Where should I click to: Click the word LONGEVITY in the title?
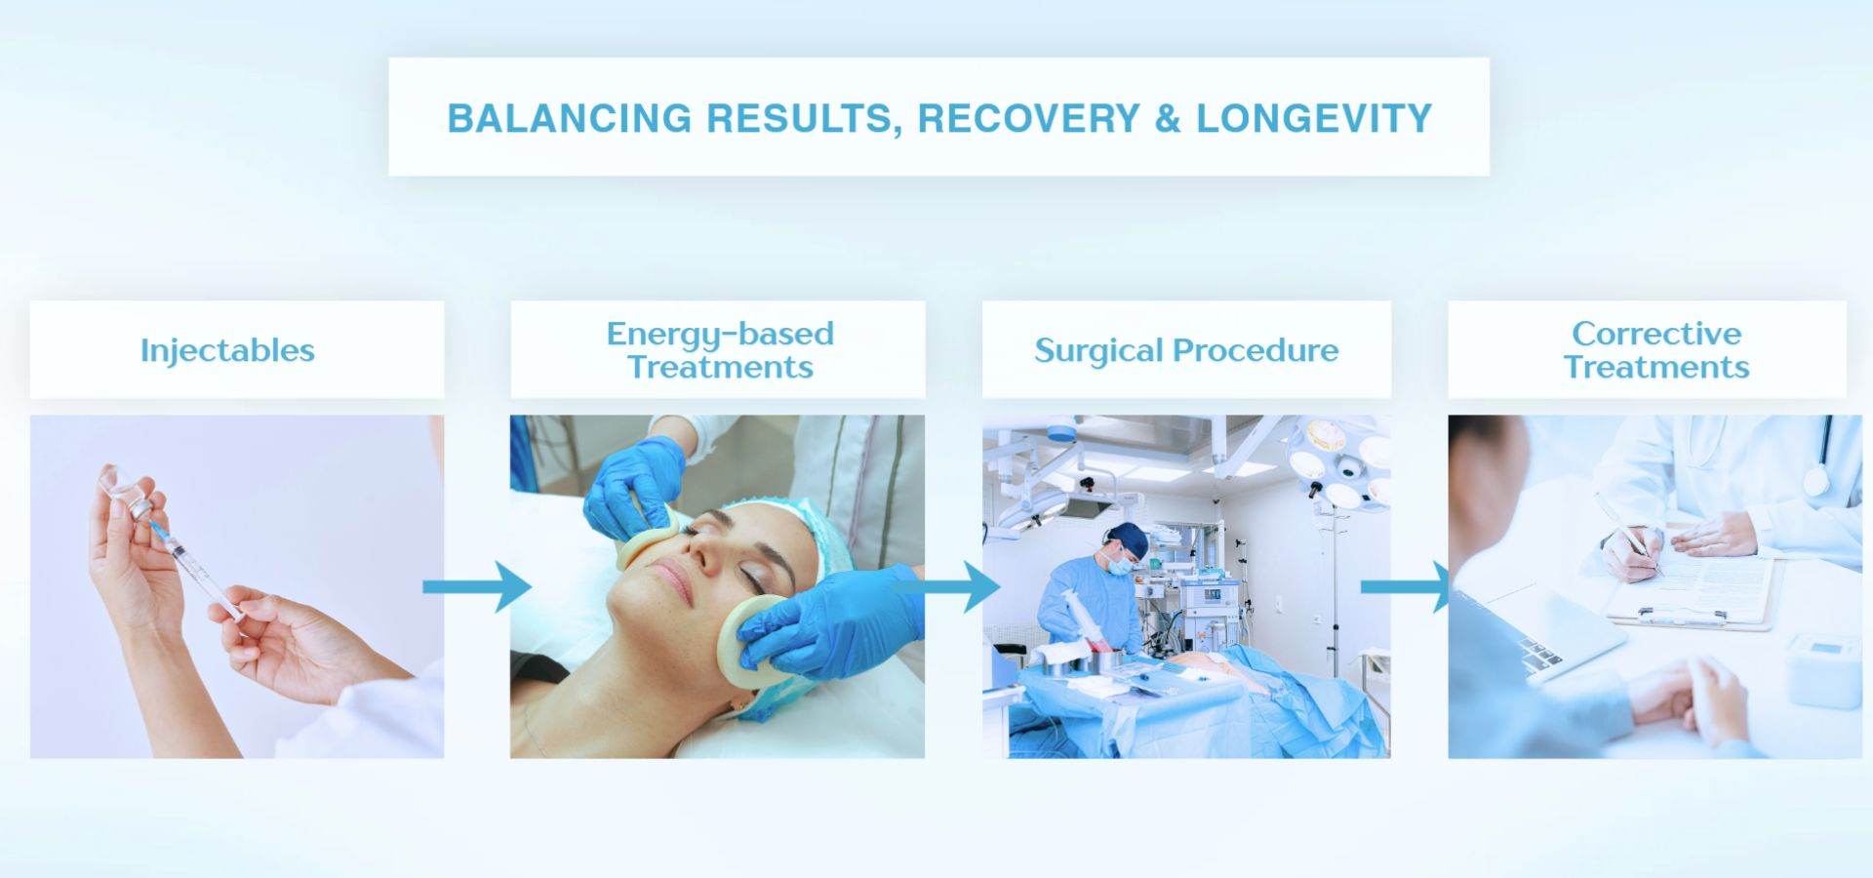1314,118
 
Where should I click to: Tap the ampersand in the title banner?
1168,118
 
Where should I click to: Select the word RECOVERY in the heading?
1029,118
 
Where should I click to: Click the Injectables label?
227,350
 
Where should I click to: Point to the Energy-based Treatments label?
720,350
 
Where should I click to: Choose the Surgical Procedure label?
1186,350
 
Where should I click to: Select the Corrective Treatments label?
1656,350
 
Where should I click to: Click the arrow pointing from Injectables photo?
476,586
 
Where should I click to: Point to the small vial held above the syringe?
132,493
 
